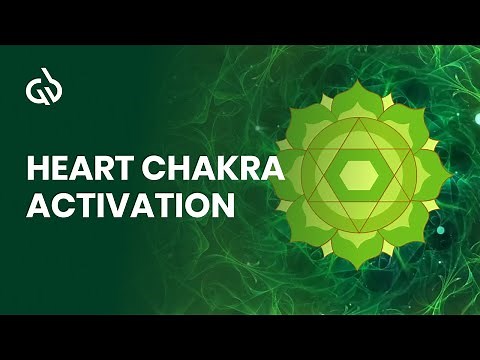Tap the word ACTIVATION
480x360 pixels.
pyautogui.click(x=131, y=207)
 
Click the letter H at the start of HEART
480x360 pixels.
pyautogui.click(x=37, y=171)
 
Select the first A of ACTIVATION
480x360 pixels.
pyautogui.click(x=37, y=207)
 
